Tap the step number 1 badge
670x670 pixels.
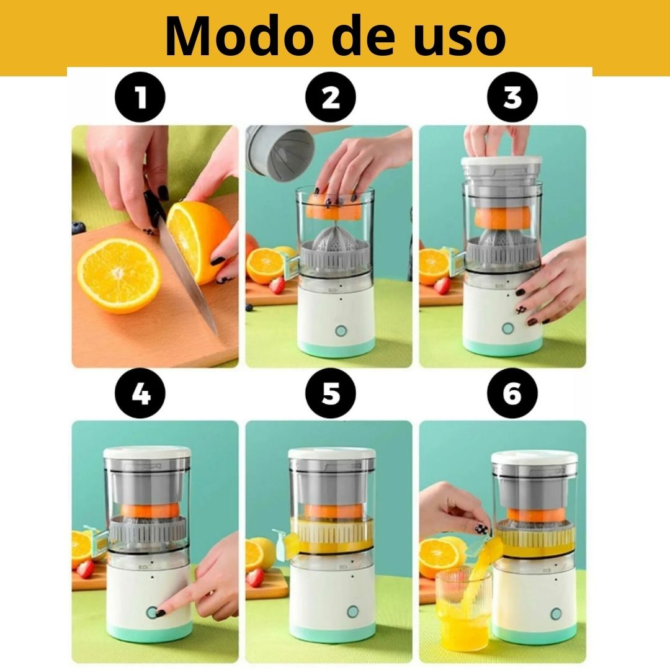tap(141, 97)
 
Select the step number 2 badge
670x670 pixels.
tap(331, 97)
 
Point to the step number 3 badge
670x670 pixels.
tap(512, 97)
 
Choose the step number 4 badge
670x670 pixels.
tap(141, 393)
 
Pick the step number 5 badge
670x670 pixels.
tap(331, 393)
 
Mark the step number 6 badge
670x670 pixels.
tap(512, 393)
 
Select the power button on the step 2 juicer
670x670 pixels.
tap(341, 330)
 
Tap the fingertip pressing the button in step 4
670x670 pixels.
tap(163, 612)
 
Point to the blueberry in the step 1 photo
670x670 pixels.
tap(78, 227)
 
